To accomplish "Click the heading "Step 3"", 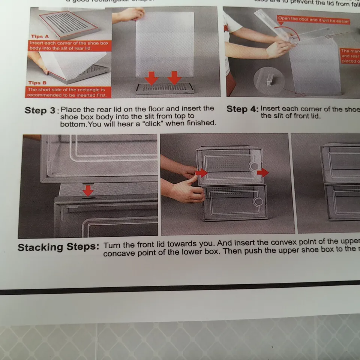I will [x=40, y=111].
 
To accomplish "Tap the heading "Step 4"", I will [x=242, y=109].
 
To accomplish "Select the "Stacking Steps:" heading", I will [x=58, y=247].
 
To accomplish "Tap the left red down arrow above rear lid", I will [x=151, y=78].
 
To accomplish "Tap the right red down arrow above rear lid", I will [x=174, y=78].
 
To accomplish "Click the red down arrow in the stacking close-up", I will [x=88, y=190].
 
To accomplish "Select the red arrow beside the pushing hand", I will [x=201, y=173].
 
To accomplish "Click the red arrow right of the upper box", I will [x=263, y=173].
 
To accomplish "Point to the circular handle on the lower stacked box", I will [x=258, y=202].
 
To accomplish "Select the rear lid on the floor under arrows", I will [x=165, y=88].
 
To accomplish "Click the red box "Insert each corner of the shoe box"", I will [x=69, y=46].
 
